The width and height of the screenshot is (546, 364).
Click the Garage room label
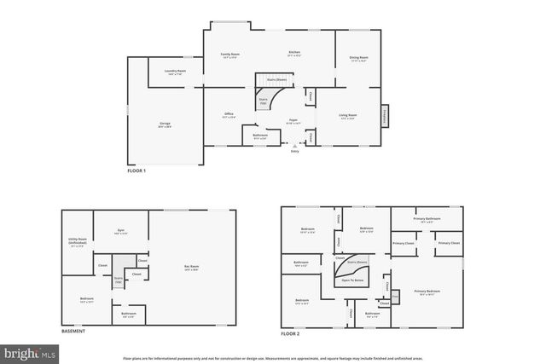point(165,124)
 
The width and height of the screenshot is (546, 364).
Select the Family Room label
point(230,54)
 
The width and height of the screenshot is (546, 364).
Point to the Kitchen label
point(294,53)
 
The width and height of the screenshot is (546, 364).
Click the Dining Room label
point(358,58)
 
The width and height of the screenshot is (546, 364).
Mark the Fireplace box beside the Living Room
point(385,115)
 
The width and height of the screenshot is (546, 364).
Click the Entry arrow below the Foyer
point(294,146)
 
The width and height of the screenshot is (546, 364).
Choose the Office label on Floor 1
point(229,114)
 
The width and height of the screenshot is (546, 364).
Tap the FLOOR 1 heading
point(137,172)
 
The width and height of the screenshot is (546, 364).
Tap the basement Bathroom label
point(127,315)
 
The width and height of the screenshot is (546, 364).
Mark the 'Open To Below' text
point(353,280)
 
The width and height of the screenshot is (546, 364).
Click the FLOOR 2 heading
point(291,333)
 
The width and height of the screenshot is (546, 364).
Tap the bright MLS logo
point(29,350)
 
